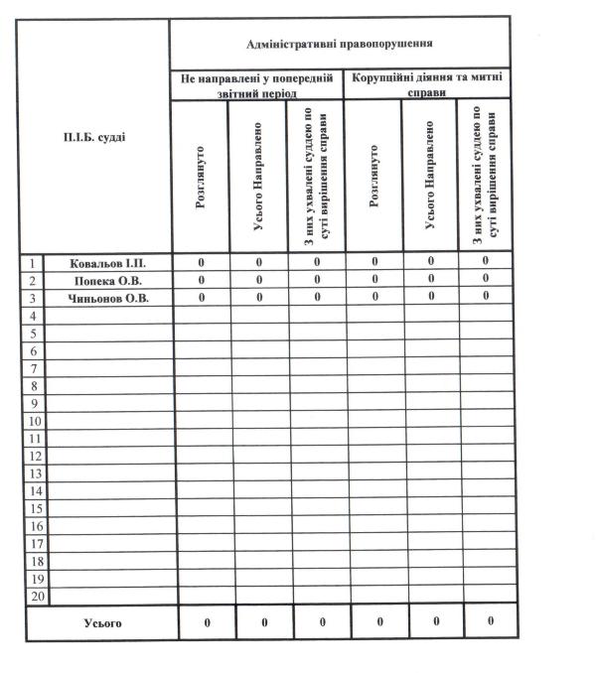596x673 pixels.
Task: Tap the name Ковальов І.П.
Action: click(x=108, y=263)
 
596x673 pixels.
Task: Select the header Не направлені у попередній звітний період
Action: click(x=256, y=82)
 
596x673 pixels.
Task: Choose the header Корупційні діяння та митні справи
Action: click(x=427, y=82)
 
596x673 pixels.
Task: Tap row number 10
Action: click(x=34, y=422)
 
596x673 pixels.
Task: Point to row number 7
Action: click(x=34, y=368)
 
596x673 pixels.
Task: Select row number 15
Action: click(x=34, y=509)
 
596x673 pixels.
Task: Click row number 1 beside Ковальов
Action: click(x=34, y=263)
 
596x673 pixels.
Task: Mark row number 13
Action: click(x=34, y=473)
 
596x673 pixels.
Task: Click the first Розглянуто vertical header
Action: click(x=202, y=178)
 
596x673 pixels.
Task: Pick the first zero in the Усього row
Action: click(x=206, y=622)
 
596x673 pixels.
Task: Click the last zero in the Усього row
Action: click(x=491, y=622)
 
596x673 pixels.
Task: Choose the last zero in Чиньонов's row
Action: click(x=486, y=298)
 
